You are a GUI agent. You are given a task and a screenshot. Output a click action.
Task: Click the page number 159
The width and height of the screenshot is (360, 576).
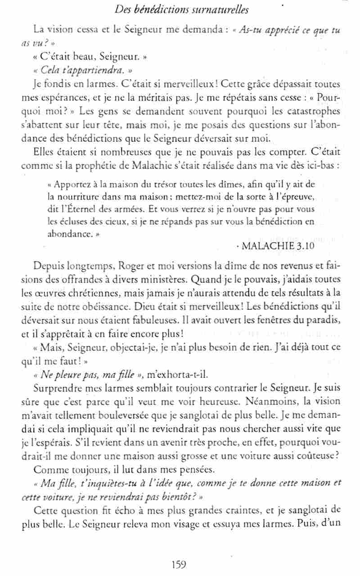[179, 563]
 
